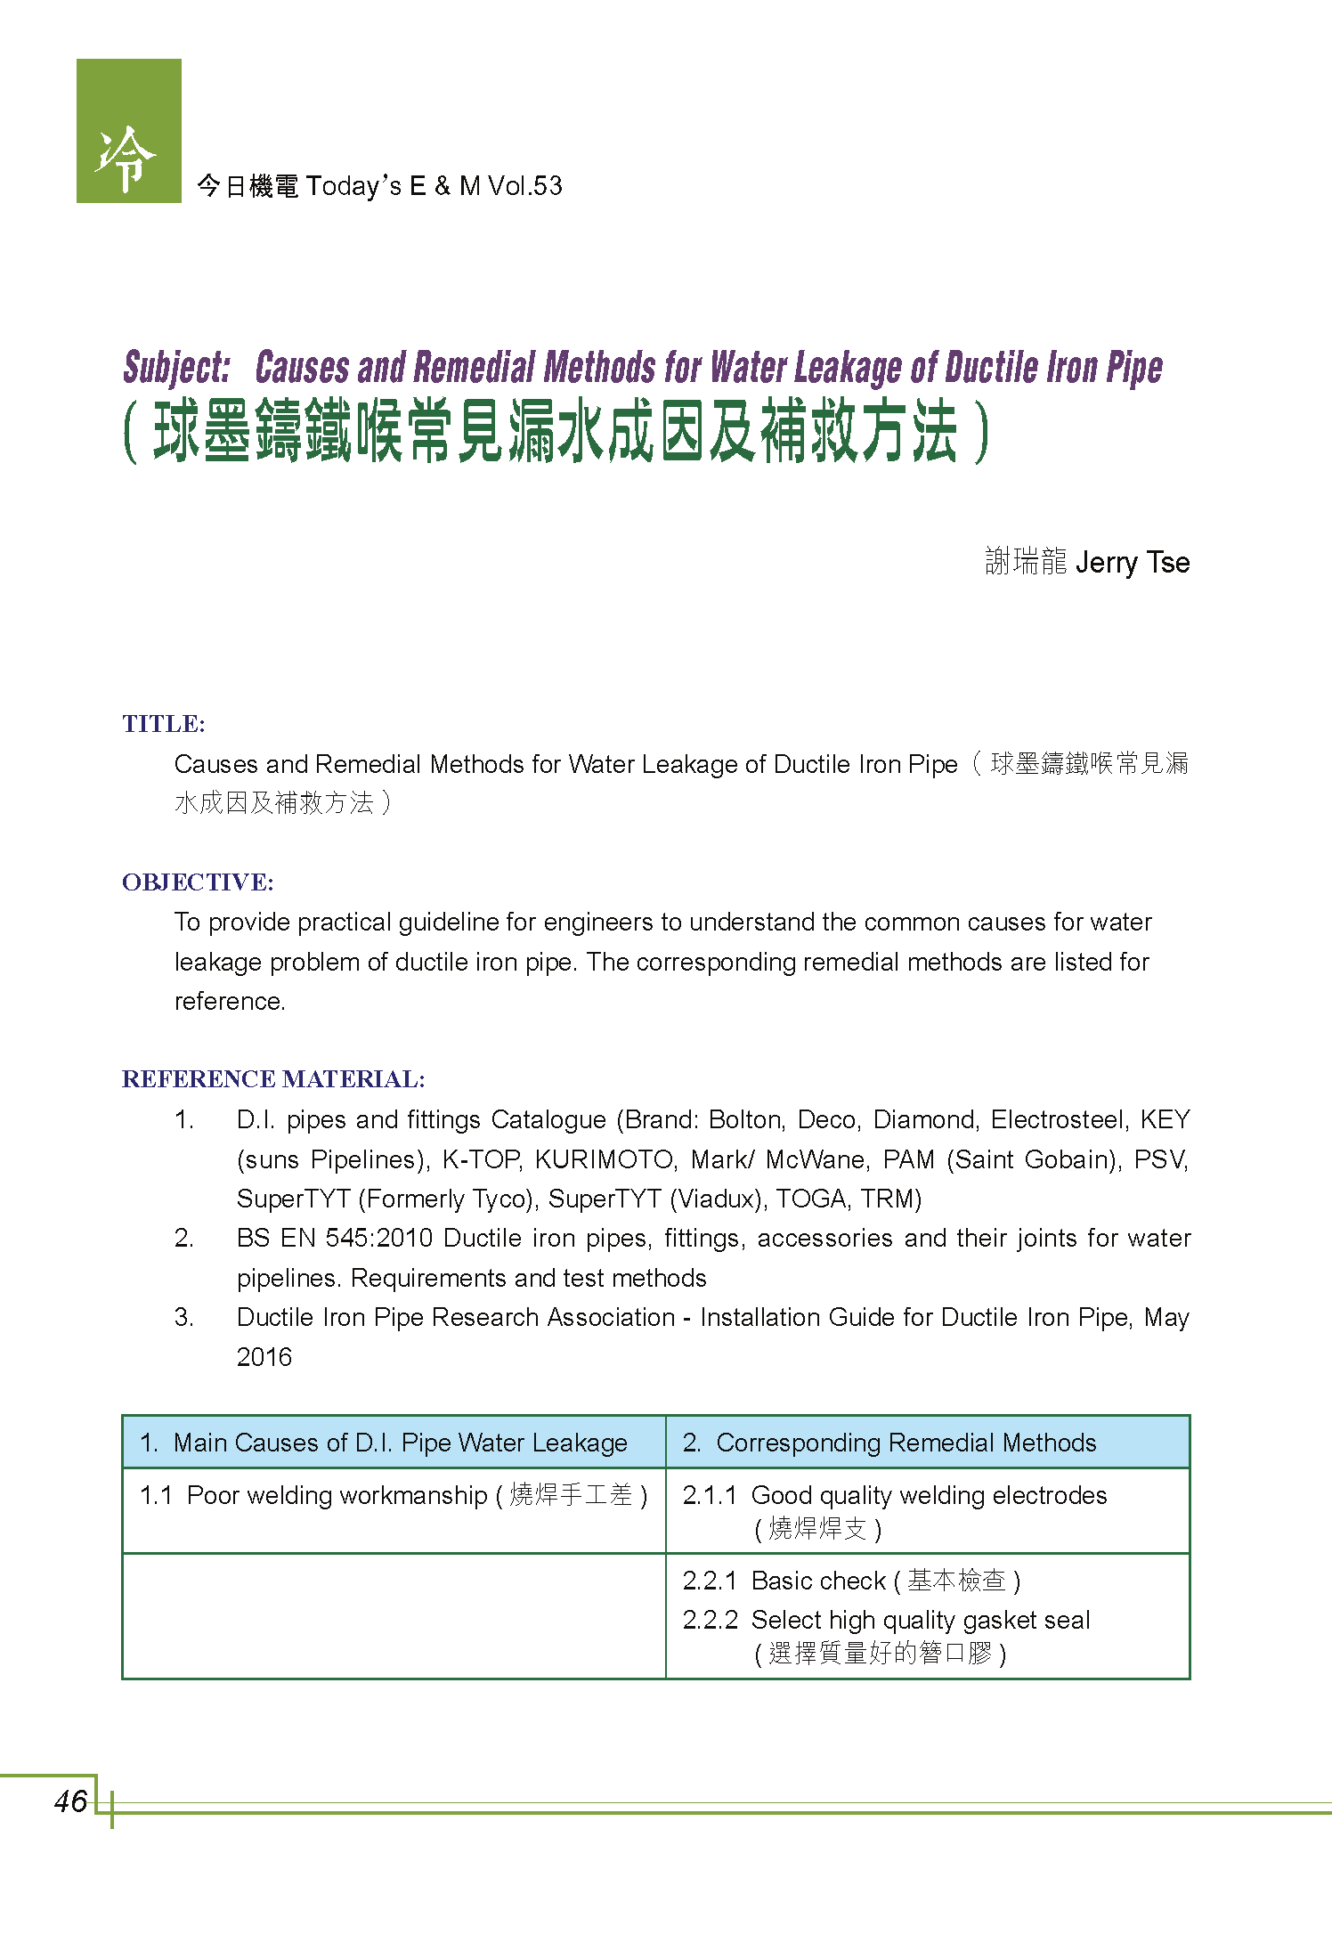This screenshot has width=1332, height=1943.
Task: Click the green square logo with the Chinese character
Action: (128, 131)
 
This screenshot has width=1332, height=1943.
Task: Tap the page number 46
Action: (70, 1801)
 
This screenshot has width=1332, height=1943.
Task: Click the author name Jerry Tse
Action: (1132, 563)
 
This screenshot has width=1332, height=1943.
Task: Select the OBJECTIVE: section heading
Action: (198, 882)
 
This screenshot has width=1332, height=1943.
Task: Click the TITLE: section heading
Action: (164, 724)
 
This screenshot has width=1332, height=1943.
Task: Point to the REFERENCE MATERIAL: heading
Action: (273, 1079)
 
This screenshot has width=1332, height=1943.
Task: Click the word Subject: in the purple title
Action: (176, 368)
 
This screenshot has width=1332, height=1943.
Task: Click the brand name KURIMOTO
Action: (605, 1159)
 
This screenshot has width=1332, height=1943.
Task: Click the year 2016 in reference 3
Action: (264, 1357)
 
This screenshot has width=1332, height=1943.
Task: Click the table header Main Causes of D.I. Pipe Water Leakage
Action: (400, 1443)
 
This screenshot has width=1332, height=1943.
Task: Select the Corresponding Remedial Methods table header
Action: (906, 1443)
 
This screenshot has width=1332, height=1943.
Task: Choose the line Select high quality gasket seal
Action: (920, 1620)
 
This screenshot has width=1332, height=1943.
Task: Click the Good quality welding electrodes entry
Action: (928, 1495)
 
